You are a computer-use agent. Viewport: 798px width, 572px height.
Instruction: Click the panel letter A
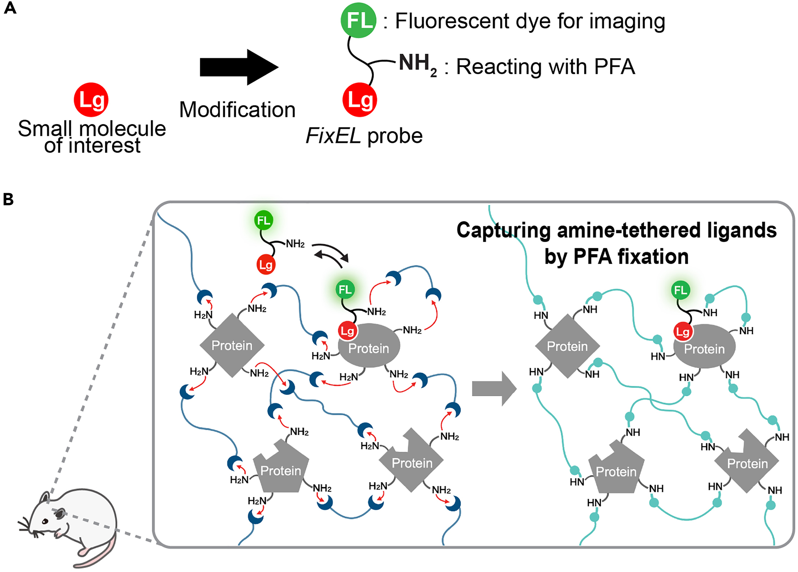[x=10, y=8]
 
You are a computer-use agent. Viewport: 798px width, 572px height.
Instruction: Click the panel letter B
[x=8, y=199]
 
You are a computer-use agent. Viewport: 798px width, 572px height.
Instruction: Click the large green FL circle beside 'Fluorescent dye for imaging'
[x=359, y=20]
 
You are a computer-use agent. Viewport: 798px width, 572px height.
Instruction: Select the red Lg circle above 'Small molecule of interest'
[x=91, y=100]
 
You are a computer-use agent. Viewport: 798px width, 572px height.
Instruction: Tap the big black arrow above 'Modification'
[x=239, y=68]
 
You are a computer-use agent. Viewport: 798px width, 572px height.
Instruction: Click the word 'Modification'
[x=237, y=110]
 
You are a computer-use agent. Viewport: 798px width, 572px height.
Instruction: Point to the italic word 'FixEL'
[x=333, y=136]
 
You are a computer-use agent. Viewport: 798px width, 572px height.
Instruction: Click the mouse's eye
[x=45, y=521]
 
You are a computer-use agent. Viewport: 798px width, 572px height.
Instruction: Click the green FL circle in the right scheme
[x=681, y=290]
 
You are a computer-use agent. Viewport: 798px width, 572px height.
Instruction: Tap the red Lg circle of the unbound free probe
[x=266, y=265]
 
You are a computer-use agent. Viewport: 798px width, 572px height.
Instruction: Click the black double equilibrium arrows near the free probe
[x=331, y=255]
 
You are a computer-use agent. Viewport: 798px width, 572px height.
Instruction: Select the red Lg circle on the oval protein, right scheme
[x=683, y=331]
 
